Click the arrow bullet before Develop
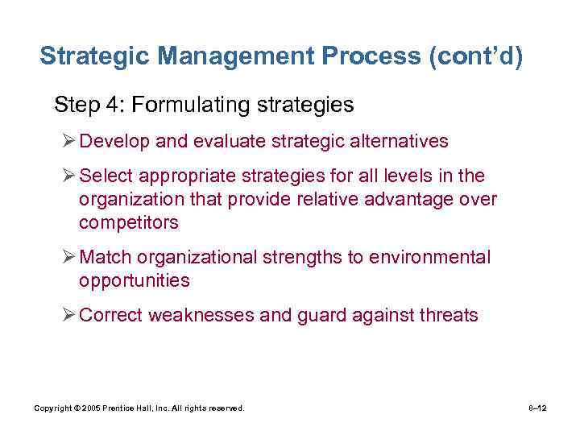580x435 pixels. tap(68, 142)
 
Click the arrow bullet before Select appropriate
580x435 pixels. tap(68, 176)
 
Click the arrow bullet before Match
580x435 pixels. tap(68, 257)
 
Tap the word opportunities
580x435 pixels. tap(134, 280)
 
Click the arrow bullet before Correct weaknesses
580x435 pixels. tap(68, 315)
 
